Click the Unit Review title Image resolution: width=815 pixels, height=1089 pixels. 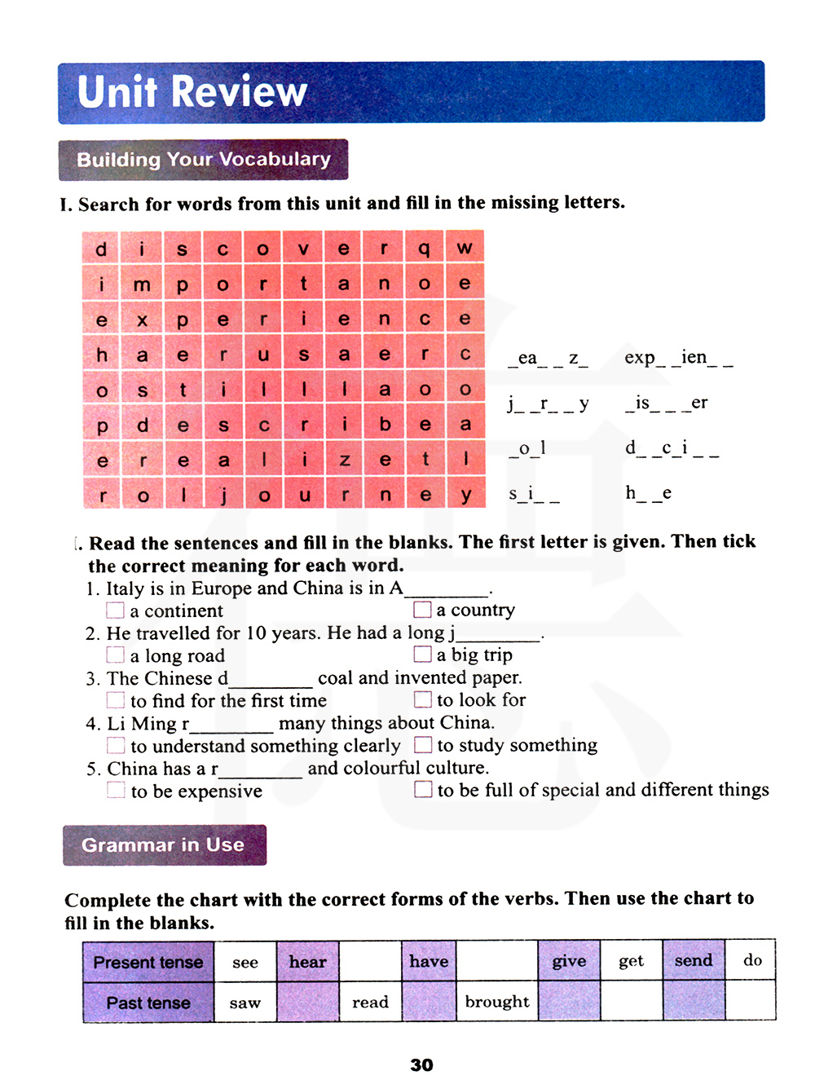pos(192,91)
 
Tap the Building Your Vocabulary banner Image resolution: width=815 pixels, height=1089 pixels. pos(204,160)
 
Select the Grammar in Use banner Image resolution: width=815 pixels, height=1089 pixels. pos(164,845)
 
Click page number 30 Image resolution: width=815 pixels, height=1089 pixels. pos(421,1065)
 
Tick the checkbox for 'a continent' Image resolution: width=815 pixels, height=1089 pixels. pos(116,611)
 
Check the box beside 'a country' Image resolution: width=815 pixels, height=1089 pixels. pos(422,610)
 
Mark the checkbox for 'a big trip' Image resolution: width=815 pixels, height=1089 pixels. pos(422,655)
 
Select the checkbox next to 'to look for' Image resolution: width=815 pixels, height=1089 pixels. pos(422,699)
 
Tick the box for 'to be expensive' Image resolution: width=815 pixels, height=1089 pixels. pos(117,790)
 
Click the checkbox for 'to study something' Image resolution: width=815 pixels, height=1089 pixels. pos(422,744)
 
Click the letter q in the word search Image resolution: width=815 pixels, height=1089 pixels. pos(425,248)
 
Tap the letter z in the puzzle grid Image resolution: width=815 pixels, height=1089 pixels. pos(345,461)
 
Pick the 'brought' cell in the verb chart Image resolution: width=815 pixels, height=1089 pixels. pos(497,1002)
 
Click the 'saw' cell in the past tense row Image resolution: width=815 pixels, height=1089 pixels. pos(245,1003)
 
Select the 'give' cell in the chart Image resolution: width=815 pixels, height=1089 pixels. pos(569,961)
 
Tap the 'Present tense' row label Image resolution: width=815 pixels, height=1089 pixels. pos(148,962)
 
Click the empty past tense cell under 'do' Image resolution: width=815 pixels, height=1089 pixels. pos(751,1001)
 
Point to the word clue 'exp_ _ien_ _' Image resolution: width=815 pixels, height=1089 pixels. pos(678,358)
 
